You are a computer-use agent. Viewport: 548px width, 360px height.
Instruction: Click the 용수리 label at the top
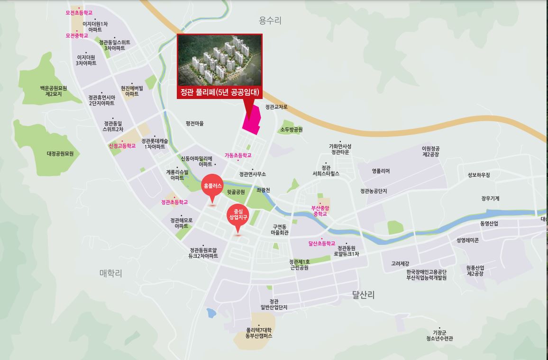(x=270, y=20)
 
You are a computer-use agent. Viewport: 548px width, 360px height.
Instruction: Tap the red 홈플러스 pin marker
(x=212, y=187)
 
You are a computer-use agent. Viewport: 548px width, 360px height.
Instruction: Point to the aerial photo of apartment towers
(x=219, y=60)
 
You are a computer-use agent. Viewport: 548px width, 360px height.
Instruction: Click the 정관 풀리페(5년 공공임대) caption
(x=219, y=92)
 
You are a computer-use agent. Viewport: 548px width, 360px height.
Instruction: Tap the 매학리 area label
(x=111, y=273)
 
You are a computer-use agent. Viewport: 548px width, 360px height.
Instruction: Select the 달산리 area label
(x=364, y=295)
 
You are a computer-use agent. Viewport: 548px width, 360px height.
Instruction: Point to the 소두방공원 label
(x=292, y=129)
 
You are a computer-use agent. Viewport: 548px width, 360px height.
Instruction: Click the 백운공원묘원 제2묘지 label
(x=54, y=91)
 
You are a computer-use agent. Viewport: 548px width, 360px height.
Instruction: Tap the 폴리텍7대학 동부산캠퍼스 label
(x=259, y=333)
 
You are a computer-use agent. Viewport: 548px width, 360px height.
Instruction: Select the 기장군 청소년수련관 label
(x=439, y=335)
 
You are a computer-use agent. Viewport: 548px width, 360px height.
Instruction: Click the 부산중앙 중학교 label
(x=320, y=211)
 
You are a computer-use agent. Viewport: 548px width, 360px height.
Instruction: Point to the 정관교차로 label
(x=276, y=107)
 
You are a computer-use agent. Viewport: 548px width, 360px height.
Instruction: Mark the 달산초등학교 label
(x=322, y=243)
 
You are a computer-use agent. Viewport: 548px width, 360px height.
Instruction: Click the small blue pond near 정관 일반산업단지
(x=211, y=312)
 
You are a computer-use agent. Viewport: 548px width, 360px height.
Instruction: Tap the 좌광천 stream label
(x=263, y=190)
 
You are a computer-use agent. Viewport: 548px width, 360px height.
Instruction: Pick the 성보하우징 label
(x=479, y=175)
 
